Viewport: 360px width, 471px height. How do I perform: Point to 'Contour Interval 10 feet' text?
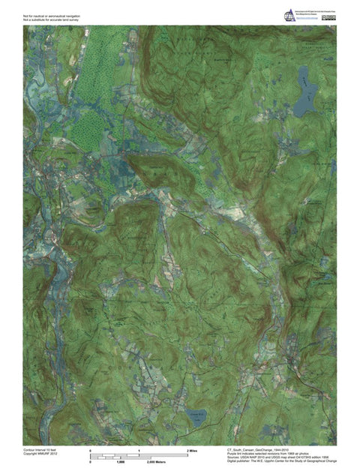pos(42,448)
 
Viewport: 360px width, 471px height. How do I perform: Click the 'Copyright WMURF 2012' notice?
pos(42,453)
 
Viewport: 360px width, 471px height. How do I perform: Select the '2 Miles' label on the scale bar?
pos(192,449)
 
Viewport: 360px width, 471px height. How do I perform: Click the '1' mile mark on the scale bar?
pos(139,449)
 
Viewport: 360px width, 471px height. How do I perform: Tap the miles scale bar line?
pos(139,455)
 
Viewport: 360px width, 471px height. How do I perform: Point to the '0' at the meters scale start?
pos(91,463)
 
